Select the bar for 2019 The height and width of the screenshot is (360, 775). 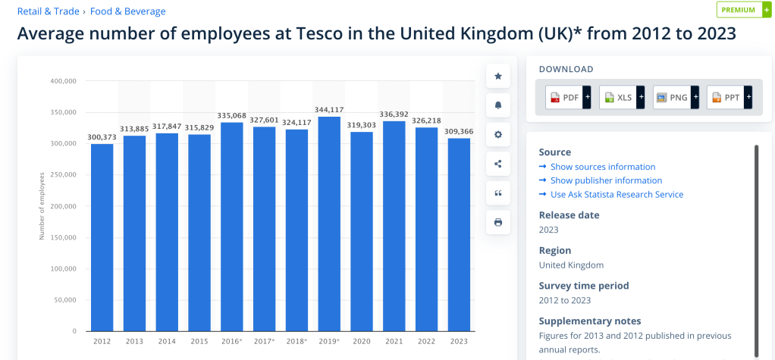click(329, 224)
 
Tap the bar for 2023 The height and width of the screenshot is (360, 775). click(459, 234)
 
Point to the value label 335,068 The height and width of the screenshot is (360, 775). click(232, 116)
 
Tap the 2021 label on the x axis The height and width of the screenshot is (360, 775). click(394, 342)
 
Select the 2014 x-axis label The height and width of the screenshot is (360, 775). click(167, 342)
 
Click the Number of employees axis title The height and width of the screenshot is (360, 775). click(42, 206)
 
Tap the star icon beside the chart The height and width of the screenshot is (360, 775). click(498, 76)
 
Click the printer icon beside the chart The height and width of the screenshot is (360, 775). click(498, 222)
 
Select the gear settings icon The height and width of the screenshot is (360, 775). click(498, 134)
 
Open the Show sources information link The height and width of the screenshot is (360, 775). click(602, 167)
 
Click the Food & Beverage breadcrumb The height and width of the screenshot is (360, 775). click(127, 11)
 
